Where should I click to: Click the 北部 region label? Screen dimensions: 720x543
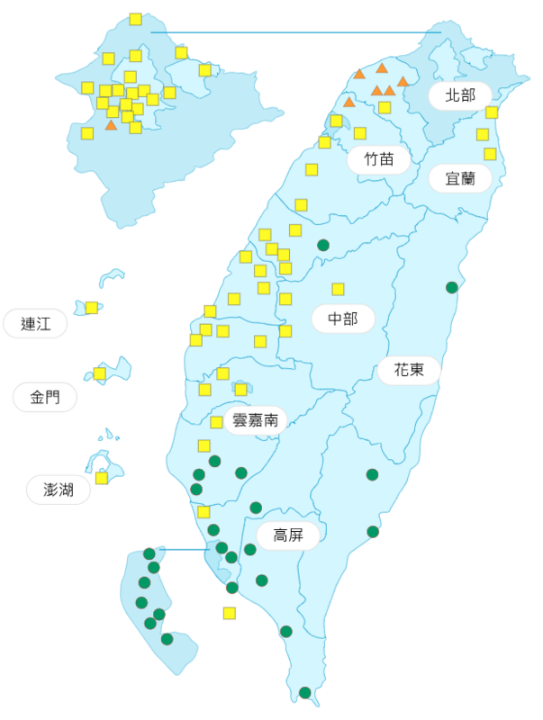click(459, 95)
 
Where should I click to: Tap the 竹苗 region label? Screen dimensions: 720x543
click(379, 160)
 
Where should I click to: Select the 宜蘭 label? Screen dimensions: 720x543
click(459, 178)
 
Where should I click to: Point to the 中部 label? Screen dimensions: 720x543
click(342, 319)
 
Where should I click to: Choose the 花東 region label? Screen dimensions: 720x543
click(408, 370)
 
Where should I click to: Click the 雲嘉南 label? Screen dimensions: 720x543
click(255, 419)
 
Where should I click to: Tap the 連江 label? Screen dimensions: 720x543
click(35, 324)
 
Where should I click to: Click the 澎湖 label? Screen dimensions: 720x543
click(59, 490)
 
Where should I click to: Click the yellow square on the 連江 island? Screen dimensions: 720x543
click(92, 308)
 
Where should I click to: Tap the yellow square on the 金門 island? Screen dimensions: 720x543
click(100, 373)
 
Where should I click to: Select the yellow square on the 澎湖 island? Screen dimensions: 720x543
click(102, 478)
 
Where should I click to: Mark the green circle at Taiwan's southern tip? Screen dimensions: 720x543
click(305, 692)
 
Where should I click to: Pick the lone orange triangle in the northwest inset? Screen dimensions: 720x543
click(111, 125)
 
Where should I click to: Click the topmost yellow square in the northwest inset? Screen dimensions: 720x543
click(135, 19)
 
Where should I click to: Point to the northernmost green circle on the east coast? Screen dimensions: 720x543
click(452, 287)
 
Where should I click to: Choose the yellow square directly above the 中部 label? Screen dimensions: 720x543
click(338, 289)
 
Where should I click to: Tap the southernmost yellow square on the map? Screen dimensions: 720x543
click(230, 613)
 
